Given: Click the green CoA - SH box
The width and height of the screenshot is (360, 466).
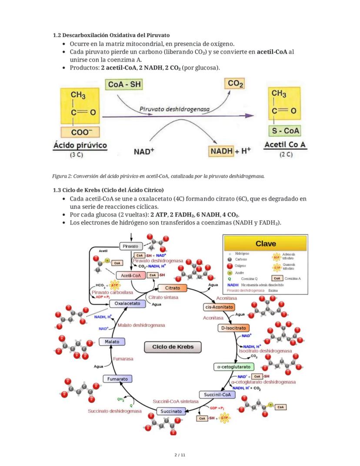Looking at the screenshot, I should pos(124,84).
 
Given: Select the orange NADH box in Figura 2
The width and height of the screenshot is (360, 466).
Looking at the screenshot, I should pos(222,151).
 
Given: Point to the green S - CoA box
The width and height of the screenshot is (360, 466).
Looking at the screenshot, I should pos(285,131).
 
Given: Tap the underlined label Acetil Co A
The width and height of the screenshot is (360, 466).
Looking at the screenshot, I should pos(285,144).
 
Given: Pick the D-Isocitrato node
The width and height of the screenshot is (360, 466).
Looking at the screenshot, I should pos(233,328).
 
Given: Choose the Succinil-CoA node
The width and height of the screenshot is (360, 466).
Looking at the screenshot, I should pos(217,395).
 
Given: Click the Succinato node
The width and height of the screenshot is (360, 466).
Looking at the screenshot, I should pos(171,411).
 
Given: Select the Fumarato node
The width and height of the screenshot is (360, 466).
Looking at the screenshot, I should pos(118,379).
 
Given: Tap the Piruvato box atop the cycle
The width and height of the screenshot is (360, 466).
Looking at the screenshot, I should pos(130,246).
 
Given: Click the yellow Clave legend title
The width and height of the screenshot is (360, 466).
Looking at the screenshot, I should pos(265,243).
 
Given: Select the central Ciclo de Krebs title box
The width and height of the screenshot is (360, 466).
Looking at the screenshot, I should pos(173,347).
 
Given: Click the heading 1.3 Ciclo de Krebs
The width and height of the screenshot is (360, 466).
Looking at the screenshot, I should pos(108,190).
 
